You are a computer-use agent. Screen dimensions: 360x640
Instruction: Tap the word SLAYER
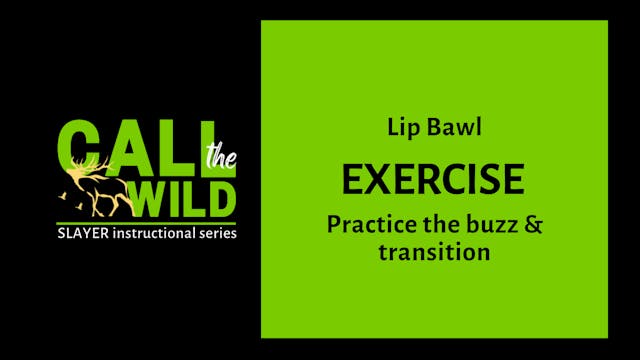click(x=83, y=233)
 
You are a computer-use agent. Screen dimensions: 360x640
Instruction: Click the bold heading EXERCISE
click(x=433, y=179)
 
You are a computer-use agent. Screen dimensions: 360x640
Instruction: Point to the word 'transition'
click(x=434, y=252)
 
